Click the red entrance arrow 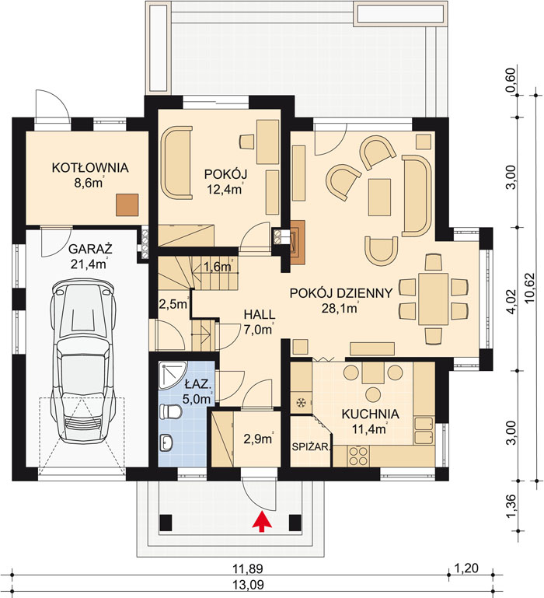click(x=262, y=522)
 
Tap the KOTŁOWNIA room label click(x=90, y=168)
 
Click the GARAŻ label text click(x=90, y=249)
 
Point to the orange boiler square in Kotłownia click(x=127, y=205)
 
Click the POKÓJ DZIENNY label click(x=341, y=293)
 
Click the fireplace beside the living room click(x=298, y=243)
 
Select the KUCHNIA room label click(x=370, y=414)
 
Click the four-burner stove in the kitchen click(x=358, y=456)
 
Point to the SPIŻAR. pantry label click(x=311, y=447)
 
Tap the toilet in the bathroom click(x=171, y=412)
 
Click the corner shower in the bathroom click(x=172, y=376)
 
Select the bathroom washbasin click(x=166, y=442)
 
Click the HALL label click(x=260, y=315)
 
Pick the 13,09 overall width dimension click(x=248, y=585)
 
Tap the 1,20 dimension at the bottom click(x=467, y=568)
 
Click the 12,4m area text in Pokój click(x=224, y=189)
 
